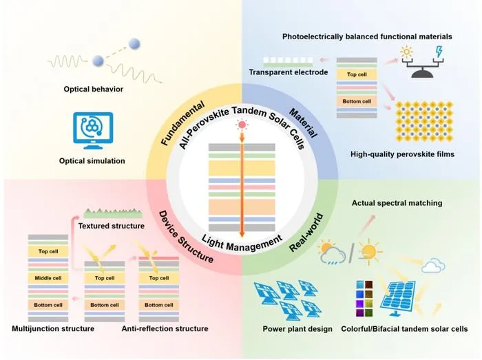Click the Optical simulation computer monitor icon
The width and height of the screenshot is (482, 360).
pyautogui.click(x=93, y=131)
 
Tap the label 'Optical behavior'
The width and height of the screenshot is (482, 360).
pyautogui.click(x=94, y=89)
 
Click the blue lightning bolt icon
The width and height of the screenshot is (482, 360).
pyautogui.click(x=439, y=52)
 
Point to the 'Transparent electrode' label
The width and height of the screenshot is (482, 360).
pyautogui.click(x=289, y=72)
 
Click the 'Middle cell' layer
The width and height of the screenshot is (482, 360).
pyautogui.click(x=48, y=278)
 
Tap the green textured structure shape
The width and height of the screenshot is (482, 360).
pyautogui.click(x=114, y=213)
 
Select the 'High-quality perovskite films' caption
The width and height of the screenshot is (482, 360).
pyautogui.click(x=402, y=154)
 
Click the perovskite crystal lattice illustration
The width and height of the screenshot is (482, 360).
pyautogui.click(x=424, y=121)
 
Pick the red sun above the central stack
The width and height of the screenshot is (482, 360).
pyautogui.click(x=242, y=125)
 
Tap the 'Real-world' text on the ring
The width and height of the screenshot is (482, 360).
pyautogui.click(x=306, y=233)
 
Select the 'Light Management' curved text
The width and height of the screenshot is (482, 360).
pyautogui.click(x=242, y=243)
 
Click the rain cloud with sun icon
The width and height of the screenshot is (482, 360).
pyautogui.click(x=332, y=252)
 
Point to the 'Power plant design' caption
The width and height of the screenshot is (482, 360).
pyautogui.click(x=297, y=329)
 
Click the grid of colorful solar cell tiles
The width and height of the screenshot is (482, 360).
pyautogui.click(x=364, y=299)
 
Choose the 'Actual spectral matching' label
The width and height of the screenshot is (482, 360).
pyautogui.click(x=397, y=203)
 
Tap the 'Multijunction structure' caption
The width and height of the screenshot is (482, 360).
pyautogui.click(x=53, y=328)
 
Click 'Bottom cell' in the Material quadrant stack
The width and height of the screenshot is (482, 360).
pyautogui.click(x=357, y=101)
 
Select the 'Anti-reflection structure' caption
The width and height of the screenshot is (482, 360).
pyautogui.click(x=165, y=328)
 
